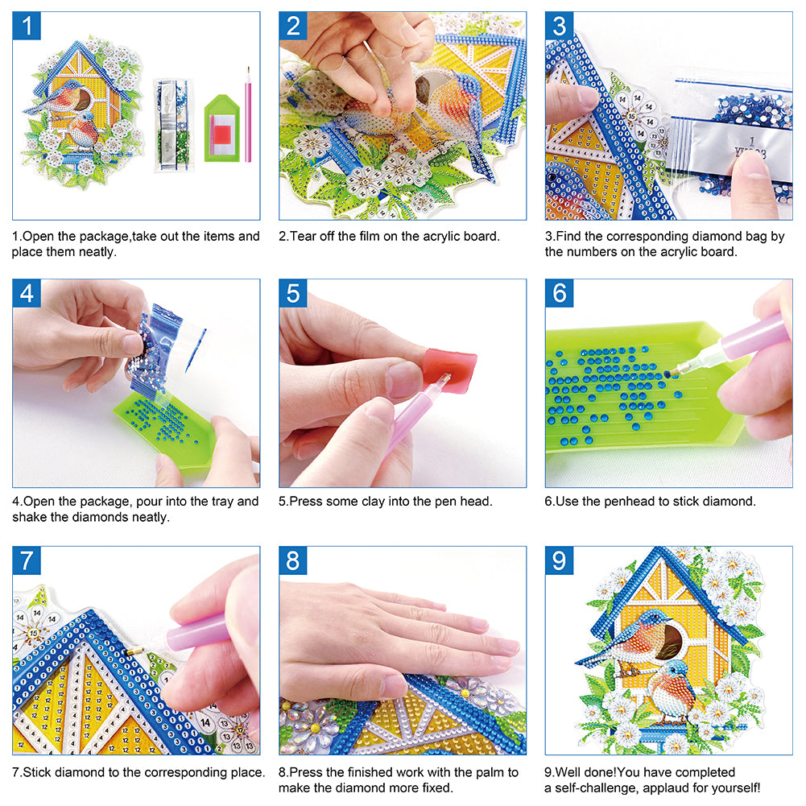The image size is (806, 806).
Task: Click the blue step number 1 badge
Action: click(x=27, y=27)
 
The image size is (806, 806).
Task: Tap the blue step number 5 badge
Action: click(x=294, y=294)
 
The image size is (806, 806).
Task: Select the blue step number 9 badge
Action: click(x=560, y=560)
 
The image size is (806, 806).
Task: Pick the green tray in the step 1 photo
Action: click(x=219, y=129)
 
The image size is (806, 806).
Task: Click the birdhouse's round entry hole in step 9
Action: click(x=670, y=641)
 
